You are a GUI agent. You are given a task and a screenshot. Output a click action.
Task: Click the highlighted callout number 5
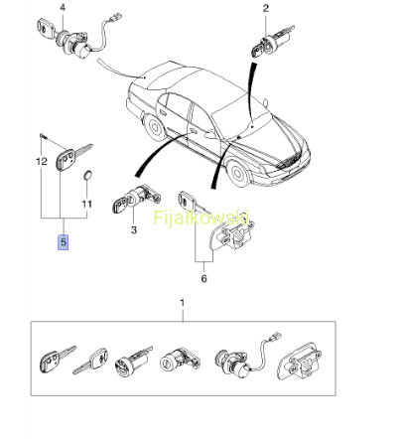[x=64, y=242]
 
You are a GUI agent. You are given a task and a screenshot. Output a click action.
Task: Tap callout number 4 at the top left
[x=63, y=8]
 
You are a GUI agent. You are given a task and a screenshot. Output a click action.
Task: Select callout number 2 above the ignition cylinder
[x=266, y=8]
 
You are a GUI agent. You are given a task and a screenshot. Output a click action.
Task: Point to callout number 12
[x=42, y=162]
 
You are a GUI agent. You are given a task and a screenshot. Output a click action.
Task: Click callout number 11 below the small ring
[x=86, y=204]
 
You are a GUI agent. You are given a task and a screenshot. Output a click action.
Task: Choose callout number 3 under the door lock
[x=134, y=229]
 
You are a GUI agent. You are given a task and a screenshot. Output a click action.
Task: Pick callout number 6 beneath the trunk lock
[x=203, y=278]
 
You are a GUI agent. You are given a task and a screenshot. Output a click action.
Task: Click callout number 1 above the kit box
[x=182, y=303]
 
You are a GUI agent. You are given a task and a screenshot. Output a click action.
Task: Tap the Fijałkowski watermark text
[x=201, y=218]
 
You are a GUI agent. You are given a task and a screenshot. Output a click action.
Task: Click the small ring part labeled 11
[x=87, y=175]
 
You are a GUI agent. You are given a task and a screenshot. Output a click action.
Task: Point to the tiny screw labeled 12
[x=42, y=135]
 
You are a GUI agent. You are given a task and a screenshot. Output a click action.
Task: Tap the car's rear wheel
[x=155, y=126]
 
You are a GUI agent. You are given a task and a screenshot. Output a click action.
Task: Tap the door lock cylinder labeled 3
[x=137, y=199]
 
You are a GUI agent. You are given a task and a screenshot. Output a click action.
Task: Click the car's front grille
[x=290, y=162]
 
